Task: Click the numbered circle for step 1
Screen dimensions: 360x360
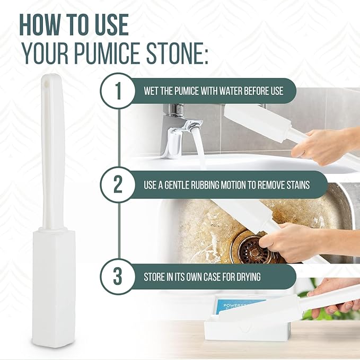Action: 118,91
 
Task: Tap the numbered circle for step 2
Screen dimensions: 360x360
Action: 118,185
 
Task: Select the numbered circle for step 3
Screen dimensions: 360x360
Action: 118,277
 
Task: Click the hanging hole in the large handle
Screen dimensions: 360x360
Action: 46,83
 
